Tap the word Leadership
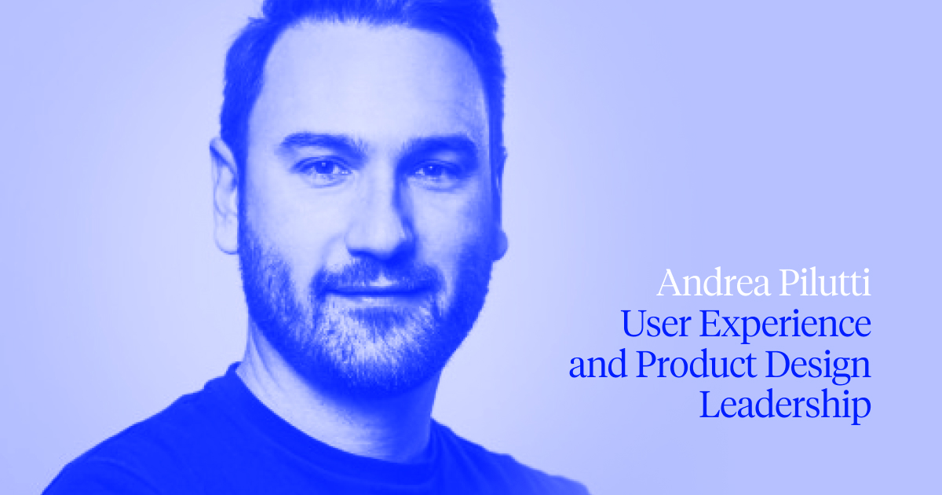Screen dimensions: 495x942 pyautogui.click(x=785, y=408)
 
